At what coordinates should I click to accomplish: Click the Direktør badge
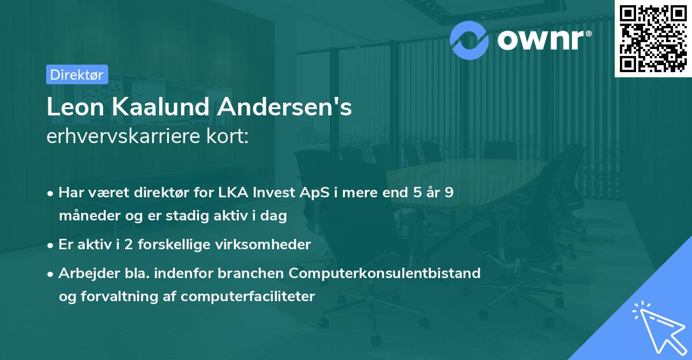[x=77, y=74]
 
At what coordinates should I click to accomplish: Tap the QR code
[x=653, y=38]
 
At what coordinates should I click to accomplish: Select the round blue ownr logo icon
[x=469, y=39]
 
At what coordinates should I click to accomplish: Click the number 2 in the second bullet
[x=128, y=244]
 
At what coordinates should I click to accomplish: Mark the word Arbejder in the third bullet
[x=85, y=273]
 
